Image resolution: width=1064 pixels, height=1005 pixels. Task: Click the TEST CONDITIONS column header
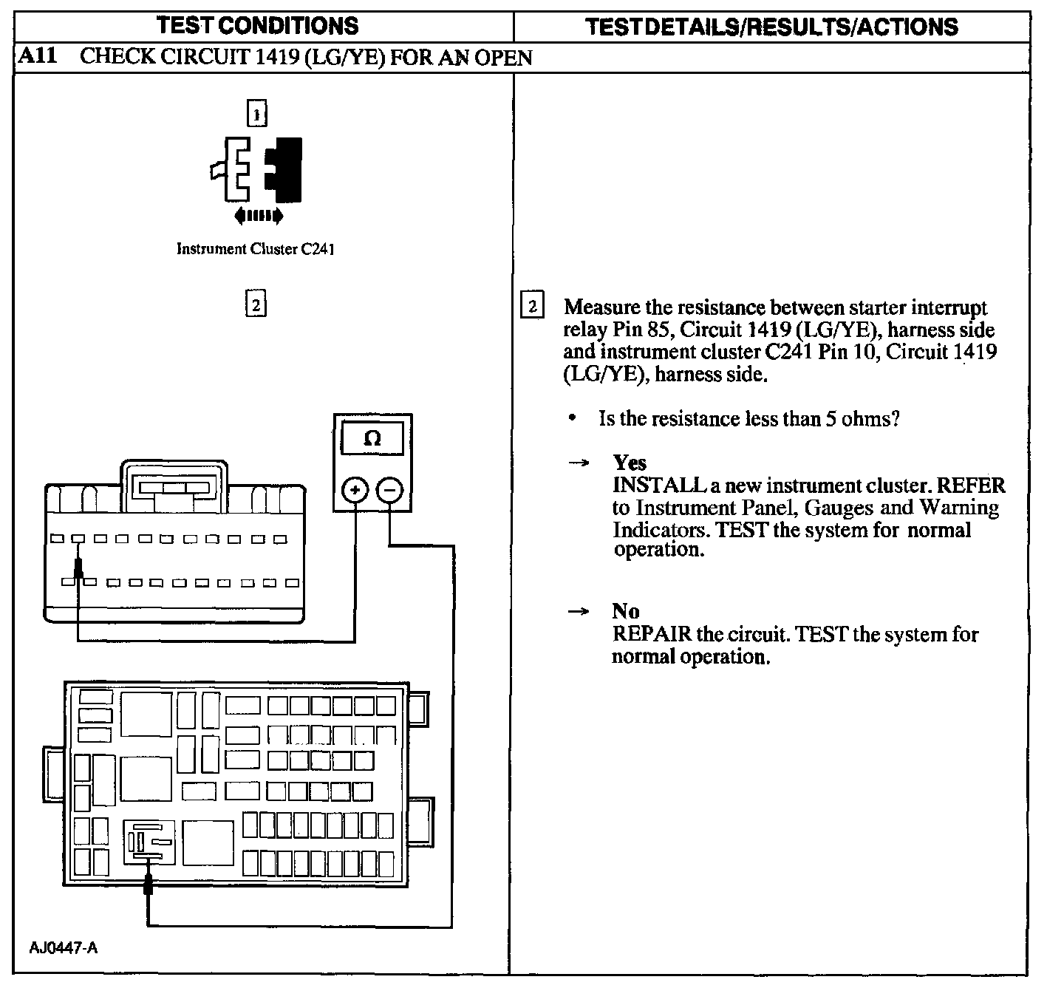point(258,27)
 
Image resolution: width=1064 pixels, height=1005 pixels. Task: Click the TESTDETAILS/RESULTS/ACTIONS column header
point(771,27)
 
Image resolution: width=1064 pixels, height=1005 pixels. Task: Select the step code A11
point(37,57)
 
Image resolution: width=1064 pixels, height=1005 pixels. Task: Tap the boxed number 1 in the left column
point(256,114)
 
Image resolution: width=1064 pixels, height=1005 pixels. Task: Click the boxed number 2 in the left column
point(255,304)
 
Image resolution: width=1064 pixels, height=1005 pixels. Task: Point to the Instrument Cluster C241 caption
point(256,249)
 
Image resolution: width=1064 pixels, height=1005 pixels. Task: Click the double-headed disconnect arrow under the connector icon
point(258,216)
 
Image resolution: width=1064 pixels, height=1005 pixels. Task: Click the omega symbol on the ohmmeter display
point(372,438)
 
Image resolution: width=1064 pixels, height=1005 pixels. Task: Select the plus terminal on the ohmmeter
point(355,490)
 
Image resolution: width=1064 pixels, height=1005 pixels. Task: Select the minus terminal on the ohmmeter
point(389,490)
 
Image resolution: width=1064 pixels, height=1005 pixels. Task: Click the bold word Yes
point(630,463)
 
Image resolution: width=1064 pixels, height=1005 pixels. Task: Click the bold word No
point(625,612)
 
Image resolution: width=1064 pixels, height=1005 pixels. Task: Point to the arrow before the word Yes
point(579,463)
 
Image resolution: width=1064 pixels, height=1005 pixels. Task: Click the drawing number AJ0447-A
point(64,948)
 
